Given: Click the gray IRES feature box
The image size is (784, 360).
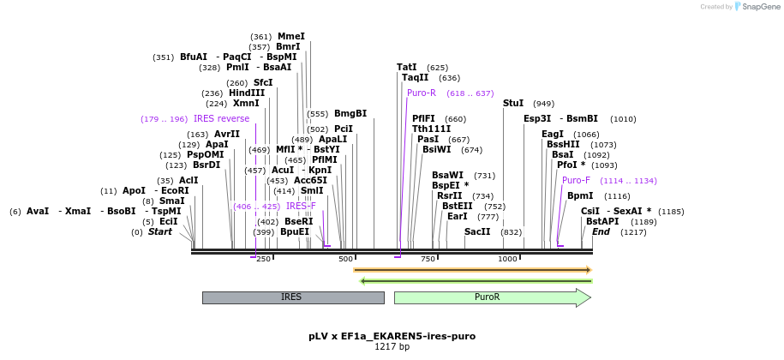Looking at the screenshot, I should [x=292, y=297].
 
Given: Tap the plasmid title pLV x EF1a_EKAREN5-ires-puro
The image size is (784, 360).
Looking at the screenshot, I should [x=392, y=336].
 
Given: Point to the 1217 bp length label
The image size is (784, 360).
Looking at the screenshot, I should [x=392, y=347].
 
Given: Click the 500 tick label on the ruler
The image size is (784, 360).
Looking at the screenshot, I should [x=345, y=259].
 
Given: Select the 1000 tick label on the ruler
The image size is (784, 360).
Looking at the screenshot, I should [x=507, y=259].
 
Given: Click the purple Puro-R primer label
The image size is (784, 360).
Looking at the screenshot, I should [x=422, y=93].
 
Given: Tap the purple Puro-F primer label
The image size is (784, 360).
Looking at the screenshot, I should [x=576, y=180].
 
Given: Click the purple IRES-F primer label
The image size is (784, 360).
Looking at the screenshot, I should [x=301, y=206].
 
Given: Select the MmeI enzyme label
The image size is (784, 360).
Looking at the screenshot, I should [x=291, y=36].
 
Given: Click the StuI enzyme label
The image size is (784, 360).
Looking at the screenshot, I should [x=513, y=103].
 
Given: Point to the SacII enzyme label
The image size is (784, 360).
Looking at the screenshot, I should [x=477, y=231].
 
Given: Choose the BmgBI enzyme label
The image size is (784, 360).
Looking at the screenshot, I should [x=350, y=113].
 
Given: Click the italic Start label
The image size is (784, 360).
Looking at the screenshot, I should [x=159, y=231].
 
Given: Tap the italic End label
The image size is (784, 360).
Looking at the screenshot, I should [x=601, y=231].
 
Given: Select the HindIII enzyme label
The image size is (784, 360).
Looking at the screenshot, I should [x=247, y=93].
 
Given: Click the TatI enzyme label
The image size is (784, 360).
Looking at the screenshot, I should [x=406, y=67].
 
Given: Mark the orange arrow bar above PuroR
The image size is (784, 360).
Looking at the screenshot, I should [x=472, y=270].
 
